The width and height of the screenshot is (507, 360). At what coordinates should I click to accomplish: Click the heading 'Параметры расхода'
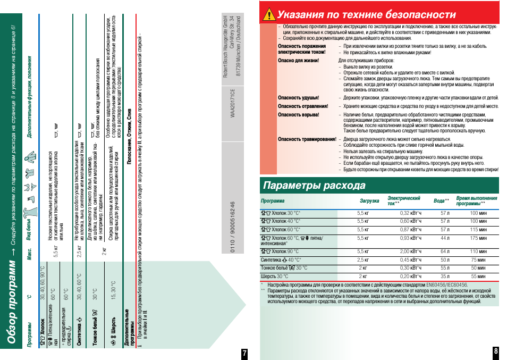[x=315, y=186]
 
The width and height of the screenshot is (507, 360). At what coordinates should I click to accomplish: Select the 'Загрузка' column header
[x=369, y=201]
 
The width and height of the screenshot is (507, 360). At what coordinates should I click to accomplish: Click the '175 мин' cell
[x=478, y=238]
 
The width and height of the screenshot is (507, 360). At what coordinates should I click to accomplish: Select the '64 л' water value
[x=445, y=252]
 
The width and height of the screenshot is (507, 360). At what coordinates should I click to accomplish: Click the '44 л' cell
[x=445, y=238]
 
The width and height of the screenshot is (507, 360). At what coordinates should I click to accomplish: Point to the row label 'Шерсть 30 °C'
[x=275, y=277]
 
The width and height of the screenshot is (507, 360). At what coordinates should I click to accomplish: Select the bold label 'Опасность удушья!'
[x=298, y=98]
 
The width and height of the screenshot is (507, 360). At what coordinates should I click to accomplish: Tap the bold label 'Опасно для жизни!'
[x=298, y=61]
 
